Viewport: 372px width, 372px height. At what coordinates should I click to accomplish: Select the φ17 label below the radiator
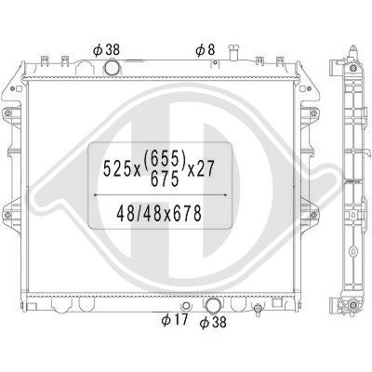(x=173, y=323)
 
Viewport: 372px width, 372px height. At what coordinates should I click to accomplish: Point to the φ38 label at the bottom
(x=213, y=323)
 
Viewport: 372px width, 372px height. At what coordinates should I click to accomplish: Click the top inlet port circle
(x=113, y=68)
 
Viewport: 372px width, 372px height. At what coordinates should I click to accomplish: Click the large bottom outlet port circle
(x=213, y=305)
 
